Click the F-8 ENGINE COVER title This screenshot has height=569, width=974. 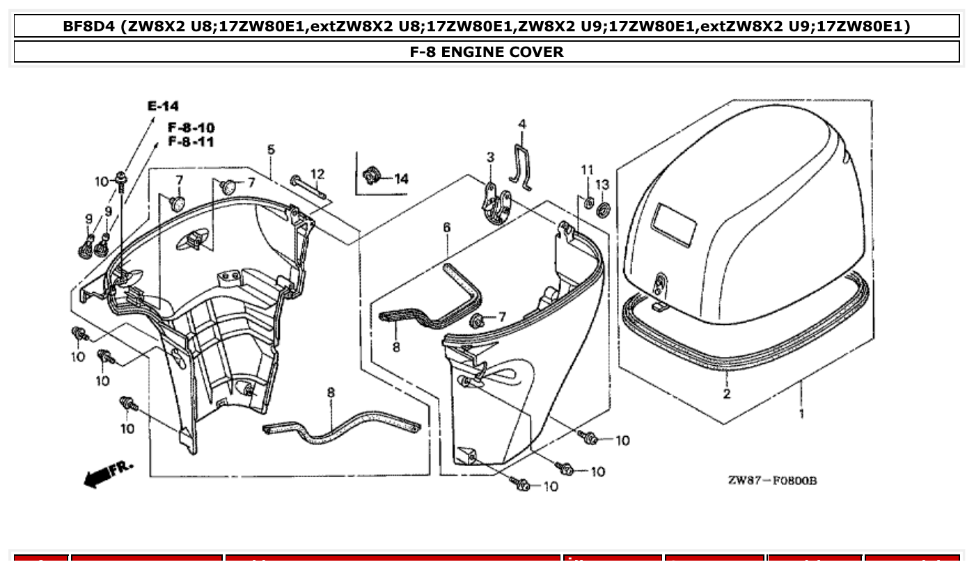[x=487, y=51]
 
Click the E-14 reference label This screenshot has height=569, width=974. [x=163, y=106]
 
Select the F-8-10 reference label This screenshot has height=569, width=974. [x=190, y=128]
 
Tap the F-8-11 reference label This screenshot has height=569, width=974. [x=190, y=142]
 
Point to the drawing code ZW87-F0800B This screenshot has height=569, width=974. [x=772, y=481]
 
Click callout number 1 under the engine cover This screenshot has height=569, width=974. [x=801, y=413]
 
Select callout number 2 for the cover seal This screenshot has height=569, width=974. [x=727, y=394]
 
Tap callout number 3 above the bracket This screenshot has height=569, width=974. [x=490, y=158]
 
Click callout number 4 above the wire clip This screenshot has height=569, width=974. [x=521, y=125]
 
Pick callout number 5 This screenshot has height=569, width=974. [x=271, y=150]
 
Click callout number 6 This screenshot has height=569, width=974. [x=446, y=227]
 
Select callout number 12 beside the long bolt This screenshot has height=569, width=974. [x=317, y=174]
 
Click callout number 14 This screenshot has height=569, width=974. [x=401, y=179]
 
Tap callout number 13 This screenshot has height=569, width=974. [x=602, y=184]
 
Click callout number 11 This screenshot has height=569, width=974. [x=588, y=170]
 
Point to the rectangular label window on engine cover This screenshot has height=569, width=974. [x=673, y=225]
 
